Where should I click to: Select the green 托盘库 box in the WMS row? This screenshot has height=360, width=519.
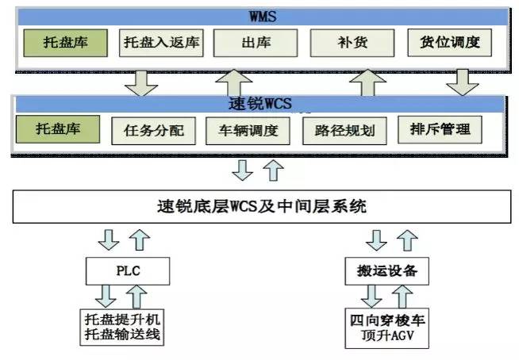[66, 42]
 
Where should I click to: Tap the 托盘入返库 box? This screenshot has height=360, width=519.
[162, 42]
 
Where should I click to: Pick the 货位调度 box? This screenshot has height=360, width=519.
[450, 42]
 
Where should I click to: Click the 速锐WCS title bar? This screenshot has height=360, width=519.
[259, 104]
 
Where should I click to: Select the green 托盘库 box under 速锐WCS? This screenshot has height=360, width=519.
[61, 128]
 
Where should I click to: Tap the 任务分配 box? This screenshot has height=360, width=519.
[154, 130]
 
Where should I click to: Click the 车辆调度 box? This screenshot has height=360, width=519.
[247, 130]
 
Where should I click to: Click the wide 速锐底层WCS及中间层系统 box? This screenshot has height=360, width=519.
[259, 208]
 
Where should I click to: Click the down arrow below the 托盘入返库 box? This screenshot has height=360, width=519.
[142, 81]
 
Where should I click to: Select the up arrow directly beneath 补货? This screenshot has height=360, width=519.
[367, 81]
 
